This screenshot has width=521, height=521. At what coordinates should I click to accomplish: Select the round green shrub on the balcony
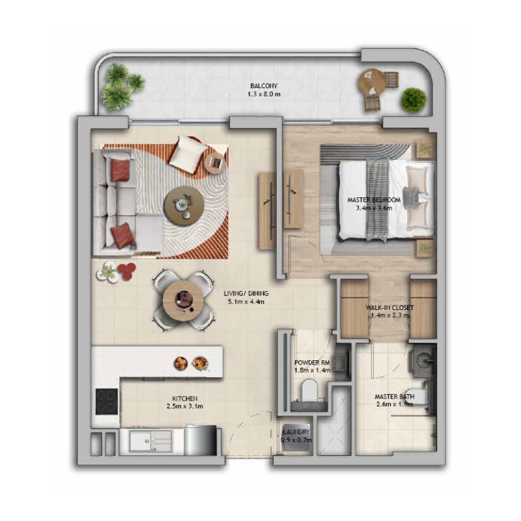(413, 100)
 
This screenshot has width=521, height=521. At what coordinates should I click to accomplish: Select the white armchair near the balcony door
(188, 154)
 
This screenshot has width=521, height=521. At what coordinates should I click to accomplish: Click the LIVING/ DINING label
(245, 293)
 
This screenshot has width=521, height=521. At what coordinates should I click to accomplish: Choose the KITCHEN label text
(185, 398)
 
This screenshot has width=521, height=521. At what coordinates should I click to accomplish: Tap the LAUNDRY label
(296, 432)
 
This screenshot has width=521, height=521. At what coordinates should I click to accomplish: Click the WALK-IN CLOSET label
(389, 307)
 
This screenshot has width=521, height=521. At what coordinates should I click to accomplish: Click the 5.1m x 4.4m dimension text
(245, 302)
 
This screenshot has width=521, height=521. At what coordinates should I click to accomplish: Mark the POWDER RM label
(313, 363)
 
